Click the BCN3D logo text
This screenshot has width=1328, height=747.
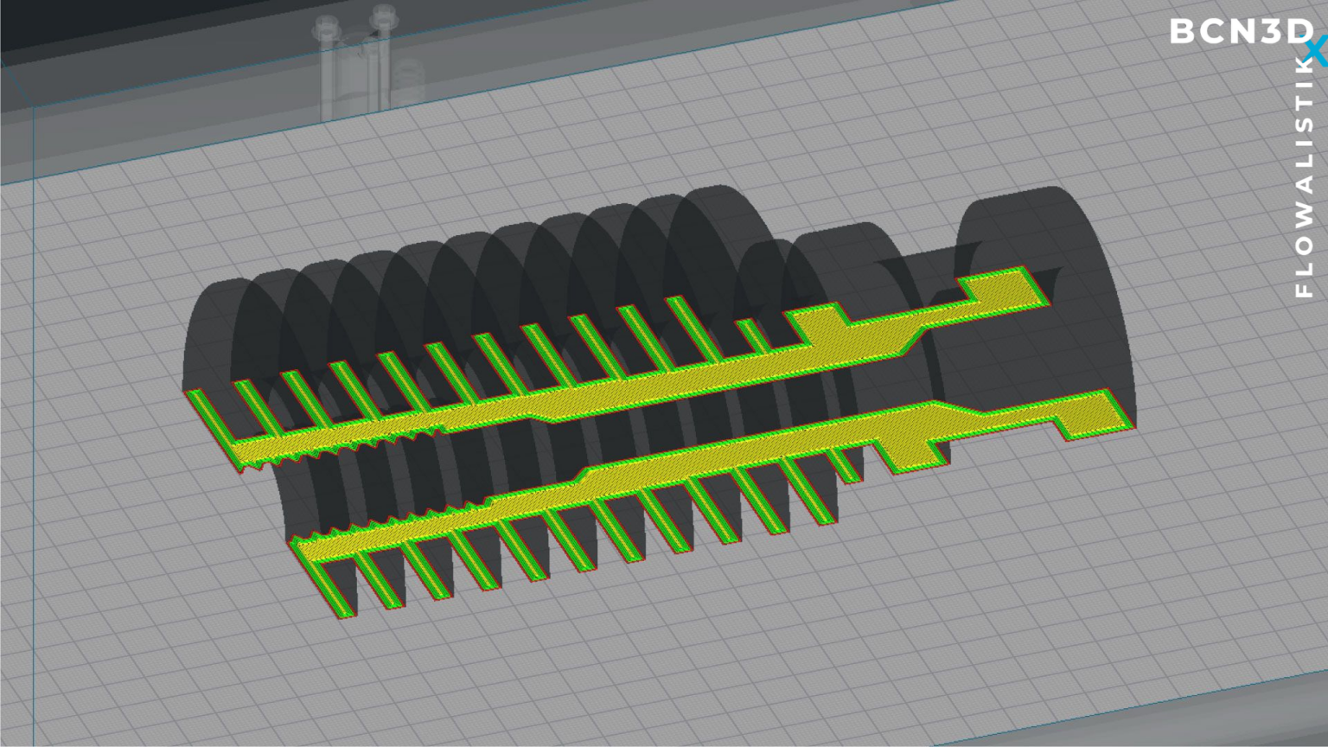click(1240, 32)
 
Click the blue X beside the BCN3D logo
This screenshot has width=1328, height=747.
click(1317, 52)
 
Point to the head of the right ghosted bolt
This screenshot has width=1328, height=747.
click(382, 15)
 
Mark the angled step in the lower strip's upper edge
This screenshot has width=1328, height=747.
click(584, 473)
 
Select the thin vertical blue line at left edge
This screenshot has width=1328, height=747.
click(34, 432)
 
